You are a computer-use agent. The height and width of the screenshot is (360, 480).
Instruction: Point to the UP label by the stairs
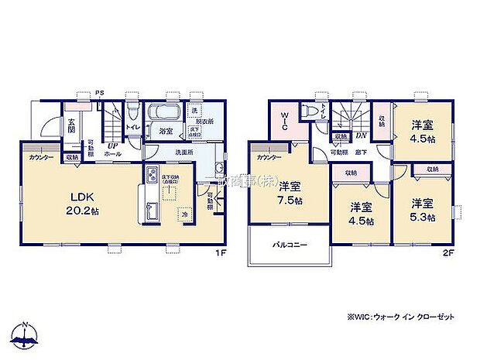112,145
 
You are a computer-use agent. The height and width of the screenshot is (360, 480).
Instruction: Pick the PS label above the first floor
99,94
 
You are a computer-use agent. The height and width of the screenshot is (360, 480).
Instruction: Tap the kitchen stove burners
150,175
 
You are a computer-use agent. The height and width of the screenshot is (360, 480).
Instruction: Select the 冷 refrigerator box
184,213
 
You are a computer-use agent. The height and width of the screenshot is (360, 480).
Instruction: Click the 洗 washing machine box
194,109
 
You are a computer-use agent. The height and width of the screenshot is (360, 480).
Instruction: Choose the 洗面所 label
183,152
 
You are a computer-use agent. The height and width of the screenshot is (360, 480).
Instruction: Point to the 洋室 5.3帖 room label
422,211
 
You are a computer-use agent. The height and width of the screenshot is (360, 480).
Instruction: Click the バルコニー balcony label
288,246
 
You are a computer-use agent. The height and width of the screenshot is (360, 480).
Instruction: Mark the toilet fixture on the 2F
310,110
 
